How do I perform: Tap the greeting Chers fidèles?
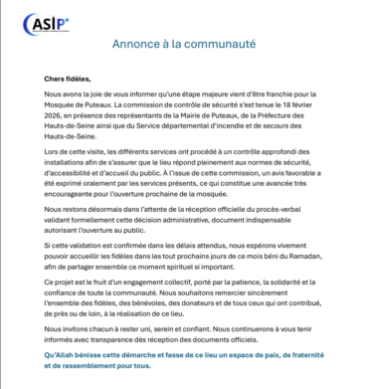coord(67,78)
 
